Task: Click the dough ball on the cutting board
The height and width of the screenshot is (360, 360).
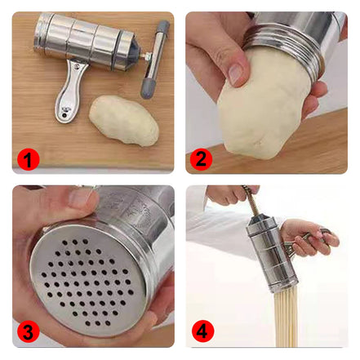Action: point(124,120)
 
